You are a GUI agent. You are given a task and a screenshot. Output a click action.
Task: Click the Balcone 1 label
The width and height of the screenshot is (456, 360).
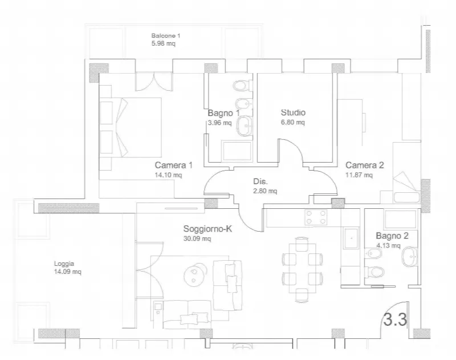tap(166, 36)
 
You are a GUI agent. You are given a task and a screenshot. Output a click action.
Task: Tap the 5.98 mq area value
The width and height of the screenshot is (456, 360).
tap(164, 44)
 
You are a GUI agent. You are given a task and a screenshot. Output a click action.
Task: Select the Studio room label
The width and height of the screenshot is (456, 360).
tap(293, 112)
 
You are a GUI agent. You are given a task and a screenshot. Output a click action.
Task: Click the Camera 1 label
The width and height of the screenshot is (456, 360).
tap(174, 165)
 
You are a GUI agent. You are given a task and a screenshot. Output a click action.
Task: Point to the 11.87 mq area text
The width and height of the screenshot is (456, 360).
tap(359, 175)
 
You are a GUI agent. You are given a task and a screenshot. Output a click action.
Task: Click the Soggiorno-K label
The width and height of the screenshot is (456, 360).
tap(207, 229)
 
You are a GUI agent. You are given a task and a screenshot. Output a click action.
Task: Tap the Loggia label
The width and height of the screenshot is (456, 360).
tap(64, 264)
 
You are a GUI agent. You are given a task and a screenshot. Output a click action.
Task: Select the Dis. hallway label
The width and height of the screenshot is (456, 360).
tap(260, 181)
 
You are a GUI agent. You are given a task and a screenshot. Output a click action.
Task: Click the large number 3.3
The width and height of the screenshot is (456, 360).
tap(395, 319)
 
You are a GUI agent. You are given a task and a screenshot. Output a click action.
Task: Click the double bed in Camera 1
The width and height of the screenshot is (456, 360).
tap(131, 127)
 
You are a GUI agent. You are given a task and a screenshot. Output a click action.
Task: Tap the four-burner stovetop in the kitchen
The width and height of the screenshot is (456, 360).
tap(316, 217)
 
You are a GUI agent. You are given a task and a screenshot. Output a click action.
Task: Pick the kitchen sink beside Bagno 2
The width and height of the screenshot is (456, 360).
tap(351, 238)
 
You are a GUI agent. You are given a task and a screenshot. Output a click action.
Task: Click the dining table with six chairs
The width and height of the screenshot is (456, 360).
tap(303, 269)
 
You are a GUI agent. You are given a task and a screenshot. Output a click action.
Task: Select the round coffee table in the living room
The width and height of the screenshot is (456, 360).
tap(195, 274)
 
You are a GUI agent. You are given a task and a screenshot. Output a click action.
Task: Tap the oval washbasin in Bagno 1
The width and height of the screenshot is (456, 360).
tap(245, 126)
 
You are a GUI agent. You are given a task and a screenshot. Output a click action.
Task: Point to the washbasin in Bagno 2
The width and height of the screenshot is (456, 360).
tap(410, 256)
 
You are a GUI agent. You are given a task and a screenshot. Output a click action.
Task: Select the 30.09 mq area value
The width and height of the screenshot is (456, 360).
tap(197, 238)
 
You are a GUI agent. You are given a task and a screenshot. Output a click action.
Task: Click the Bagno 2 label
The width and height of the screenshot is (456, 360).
tap(392, 236)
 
